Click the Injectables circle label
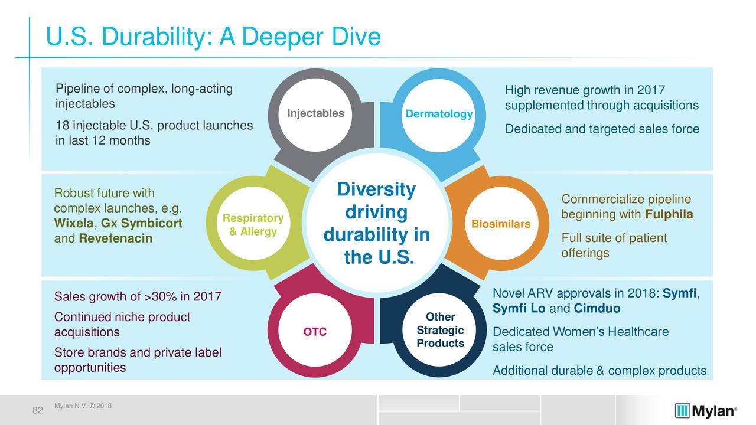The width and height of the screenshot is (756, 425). click(x=315, y=113)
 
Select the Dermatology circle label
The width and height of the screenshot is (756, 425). click(x=439, y=114)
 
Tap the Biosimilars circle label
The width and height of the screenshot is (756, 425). click(x=501, y=224)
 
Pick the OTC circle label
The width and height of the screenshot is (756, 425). click(x=315, y=332)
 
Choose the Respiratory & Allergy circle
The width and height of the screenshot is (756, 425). click(x=253, y=223)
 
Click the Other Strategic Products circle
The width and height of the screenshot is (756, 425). click(x=439, y=329)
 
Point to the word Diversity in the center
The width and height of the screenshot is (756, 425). click(x=376, y=189)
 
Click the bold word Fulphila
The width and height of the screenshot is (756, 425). click(x=669, y=214)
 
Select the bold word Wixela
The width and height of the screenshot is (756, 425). click(x=74, y=223)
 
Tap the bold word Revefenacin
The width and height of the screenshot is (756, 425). click(x=115, y=238)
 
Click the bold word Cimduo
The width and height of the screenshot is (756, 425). click(x=597, y=308)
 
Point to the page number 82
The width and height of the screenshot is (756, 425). click(x=37, y=410)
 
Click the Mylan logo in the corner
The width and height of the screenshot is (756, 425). click(x=706, y=411)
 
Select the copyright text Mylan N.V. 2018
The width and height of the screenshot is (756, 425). click(x=83, y=406)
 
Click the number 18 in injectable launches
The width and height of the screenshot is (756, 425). click(x=62, y=126)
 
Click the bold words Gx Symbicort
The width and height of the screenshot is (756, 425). click(x=141, y=223)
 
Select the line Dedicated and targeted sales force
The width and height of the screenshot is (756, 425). click(x=602, y=129)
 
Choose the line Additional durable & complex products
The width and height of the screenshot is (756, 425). click(x=599, y=371)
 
